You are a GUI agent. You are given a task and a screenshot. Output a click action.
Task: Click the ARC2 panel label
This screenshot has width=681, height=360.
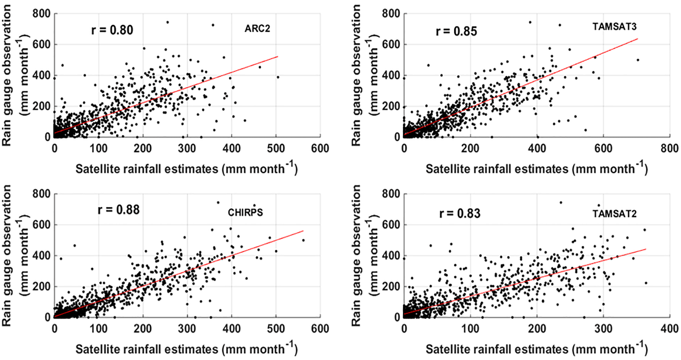[x=257, y=28]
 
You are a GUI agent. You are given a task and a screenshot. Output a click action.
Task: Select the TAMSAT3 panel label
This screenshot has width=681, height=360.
[x=614, y=27]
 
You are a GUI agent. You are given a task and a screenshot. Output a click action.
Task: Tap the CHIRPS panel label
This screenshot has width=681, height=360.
[x=245, y=212]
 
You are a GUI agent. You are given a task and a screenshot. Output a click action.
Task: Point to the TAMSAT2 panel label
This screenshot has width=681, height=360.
[x=614, y=214]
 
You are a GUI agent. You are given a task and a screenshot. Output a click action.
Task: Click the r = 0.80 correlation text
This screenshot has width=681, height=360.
[x=112, y=30]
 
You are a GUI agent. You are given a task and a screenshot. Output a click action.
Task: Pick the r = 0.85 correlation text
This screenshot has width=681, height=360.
[x=456, y=32]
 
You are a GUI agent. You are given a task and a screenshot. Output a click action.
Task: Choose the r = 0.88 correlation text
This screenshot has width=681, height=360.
[x=118, y=210]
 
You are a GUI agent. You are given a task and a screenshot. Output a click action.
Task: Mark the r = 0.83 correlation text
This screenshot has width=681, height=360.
[x=460, y=214]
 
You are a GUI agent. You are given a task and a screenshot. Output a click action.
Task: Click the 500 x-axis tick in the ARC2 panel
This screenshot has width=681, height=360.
[x=276, y=148]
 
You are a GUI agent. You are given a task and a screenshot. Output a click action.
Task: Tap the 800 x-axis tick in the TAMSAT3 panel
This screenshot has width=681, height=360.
[x=669, y=148]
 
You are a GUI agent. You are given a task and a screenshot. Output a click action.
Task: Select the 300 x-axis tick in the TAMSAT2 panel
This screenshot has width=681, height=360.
[x=603, y=328]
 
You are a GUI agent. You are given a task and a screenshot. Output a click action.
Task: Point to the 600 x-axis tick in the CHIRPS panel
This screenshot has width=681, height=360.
[x=320, y=328]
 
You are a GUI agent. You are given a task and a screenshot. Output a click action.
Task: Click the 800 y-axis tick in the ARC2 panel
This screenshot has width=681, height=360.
[x=41, y=14]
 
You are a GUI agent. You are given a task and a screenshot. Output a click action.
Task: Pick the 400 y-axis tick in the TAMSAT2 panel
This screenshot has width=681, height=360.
[x=391, y=256]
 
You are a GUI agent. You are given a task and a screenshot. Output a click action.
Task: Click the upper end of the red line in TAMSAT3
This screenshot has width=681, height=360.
[x=638, y=39]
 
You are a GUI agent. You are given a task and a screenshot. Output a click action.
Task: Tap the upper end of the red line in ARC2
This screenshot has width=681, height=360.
[x=277, y=56]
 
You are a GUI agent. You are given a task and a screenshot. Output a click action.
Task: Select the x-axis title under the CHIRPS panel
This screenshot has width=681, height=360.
[x=186, y=349]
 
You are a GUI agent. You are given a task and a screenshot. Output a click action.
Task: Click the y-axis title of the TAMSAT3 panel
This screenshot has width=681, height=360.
[x=365, y=75]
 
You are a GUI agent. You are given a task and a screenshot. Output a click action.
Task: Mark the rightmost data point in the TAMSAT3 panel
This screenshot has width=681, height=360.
[x=638, y=60]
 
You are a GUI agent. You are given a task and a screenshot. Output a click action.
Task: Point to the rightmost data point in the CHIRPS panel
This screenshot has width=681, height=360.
[x=303, y=240]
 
